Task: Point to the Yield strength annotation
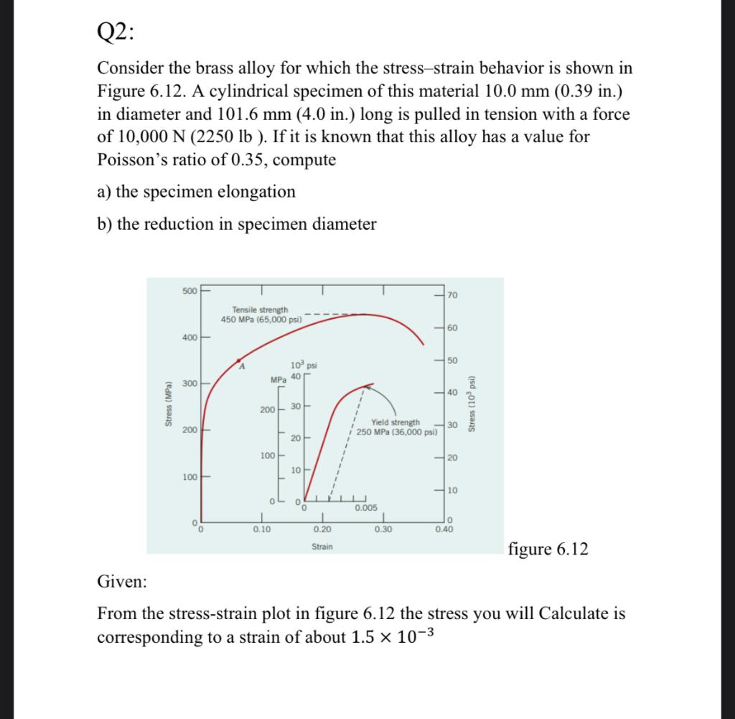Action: (395, 427)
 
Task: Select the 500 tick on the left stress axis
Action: (189, 291)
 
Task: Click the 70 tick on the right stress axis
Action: (451, 295)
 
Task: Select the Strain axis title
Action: (322, 547)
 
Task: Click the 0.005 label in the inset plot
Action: (365, 508)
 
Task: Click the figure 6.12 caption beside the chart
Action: (548, 549)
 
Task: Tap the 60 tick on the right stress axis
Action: (451, 328)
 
